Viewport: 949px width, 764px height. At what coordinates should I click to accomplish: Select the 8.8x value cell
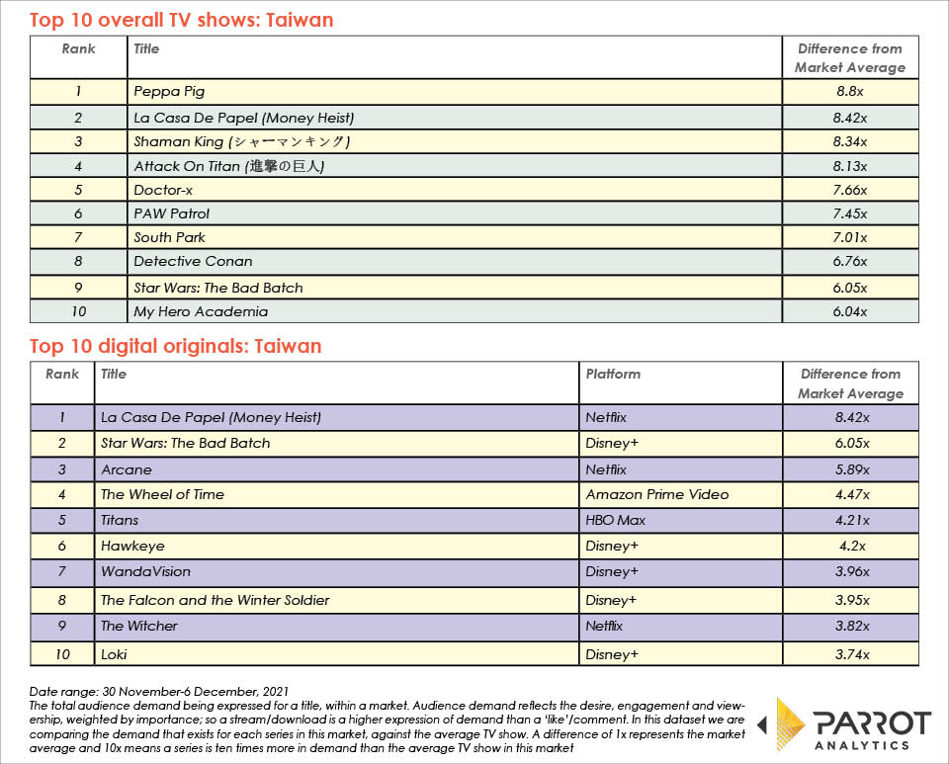[849, 92]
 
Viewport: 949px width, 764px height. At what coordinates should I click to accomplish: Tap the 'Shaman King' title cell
[241, 141]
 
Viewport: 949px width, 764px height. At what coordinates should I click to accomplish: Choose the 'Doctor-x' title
[163, 190]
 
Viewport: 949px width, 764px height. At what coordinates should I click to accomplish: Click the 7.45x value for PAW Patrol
[849, 213]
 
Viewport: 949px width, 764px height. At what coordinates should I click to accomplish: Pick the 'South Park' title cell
[170, 237]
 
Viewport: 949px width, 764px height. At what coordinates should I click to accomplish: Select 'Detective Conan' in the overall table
[193, 261]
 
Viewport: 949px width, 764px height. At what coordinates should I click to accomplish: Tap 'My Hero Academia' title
[201, 311]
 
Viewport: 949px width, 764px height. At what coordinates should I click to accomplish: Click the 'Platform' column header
[613, 374]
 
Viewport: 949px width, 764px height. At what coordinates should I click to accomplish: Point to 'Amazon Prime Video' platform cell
[656, 494]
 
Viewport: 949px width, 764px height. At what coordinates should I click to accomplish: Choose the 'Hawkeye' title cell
[132, 546]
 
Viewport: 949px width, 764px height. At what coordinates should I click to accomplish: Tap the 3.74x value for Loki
[849, 653]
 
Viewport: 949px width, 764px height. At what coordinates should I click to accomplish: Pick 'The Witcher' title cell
[139, 626]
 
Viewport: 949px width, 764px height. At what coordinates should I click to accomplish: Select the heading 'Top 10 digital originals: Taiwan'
[175, 346]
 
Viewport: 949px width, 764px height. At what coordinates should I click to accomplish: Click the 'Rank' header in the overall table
[78, 47]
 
